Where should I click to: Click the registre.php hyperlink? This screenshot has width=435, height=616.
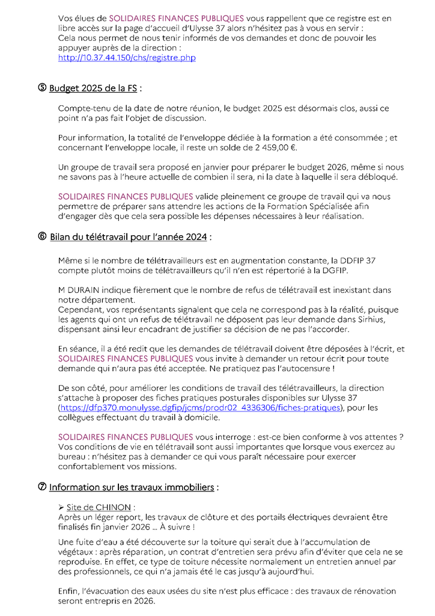(126, 58)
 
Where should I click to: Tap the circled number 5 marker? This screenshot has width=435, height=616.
(42, 88)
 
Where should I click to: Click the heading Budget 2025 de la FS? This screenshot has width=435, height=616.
(93, 88)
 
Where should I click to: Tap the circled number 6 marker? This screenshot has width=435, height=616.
(42, 236)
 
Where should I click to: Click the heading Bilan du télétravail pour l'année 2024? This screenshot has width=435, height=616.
(129, 237)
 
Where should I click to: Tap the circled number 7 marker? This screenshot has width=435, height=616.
(42, 487)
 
